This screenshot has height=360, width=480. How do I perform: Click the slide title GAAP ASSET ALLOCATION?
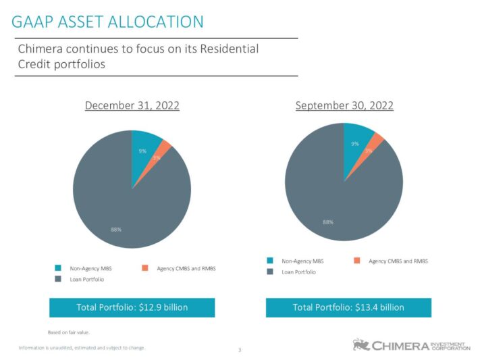pyautogui.click(x=108, y=22)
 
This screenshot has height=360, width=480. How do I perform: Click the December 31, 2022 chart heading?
pyautogui.click(x=132, y=105)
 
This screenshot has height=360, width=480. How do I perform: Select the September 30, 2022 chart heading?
pyautogui.click(x=344, y=105)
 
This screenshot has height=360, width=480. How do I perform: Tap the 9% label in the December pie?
pyautogui.click(x=142, y=151)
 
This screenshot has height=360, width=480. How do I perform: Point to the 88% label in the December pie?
pyautogui.click(x=116, y=230)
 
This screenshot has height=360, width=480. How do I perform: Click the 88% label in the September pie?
pyautogui.click(x=328, y=222)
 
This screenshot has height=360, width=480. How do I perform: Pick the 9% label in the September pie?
pyautogui.click(x=354, y=144)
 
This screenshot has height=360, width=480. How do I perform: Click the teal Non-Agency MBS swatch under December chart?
pyautogui.click(x=58, y=268)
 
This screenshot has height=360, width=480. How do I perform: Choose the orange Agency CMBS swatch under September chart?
pyautogui.click(x=356, y=261)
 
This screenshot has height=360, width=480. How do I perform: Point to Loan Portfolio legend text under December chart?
pyautogui.click(x=87, y=279)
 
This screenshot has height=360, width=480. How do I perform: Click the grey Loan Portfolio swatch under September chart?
pyautogui.click(x=270, y=272)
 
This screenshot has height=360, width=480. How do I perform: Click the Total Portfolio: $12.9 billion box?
pyautogui.click(x=132, y=307)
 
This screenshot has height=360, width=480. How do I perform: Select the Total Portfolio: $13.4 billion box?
pyautogui.click(x=348, y=307)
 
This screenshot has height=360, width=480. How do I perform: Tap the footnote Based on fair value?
pyautogui.click(x=68, y=332)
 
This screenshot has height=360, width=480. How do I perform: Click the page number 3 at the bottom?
pyautogui.click(x=240, y=349)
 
